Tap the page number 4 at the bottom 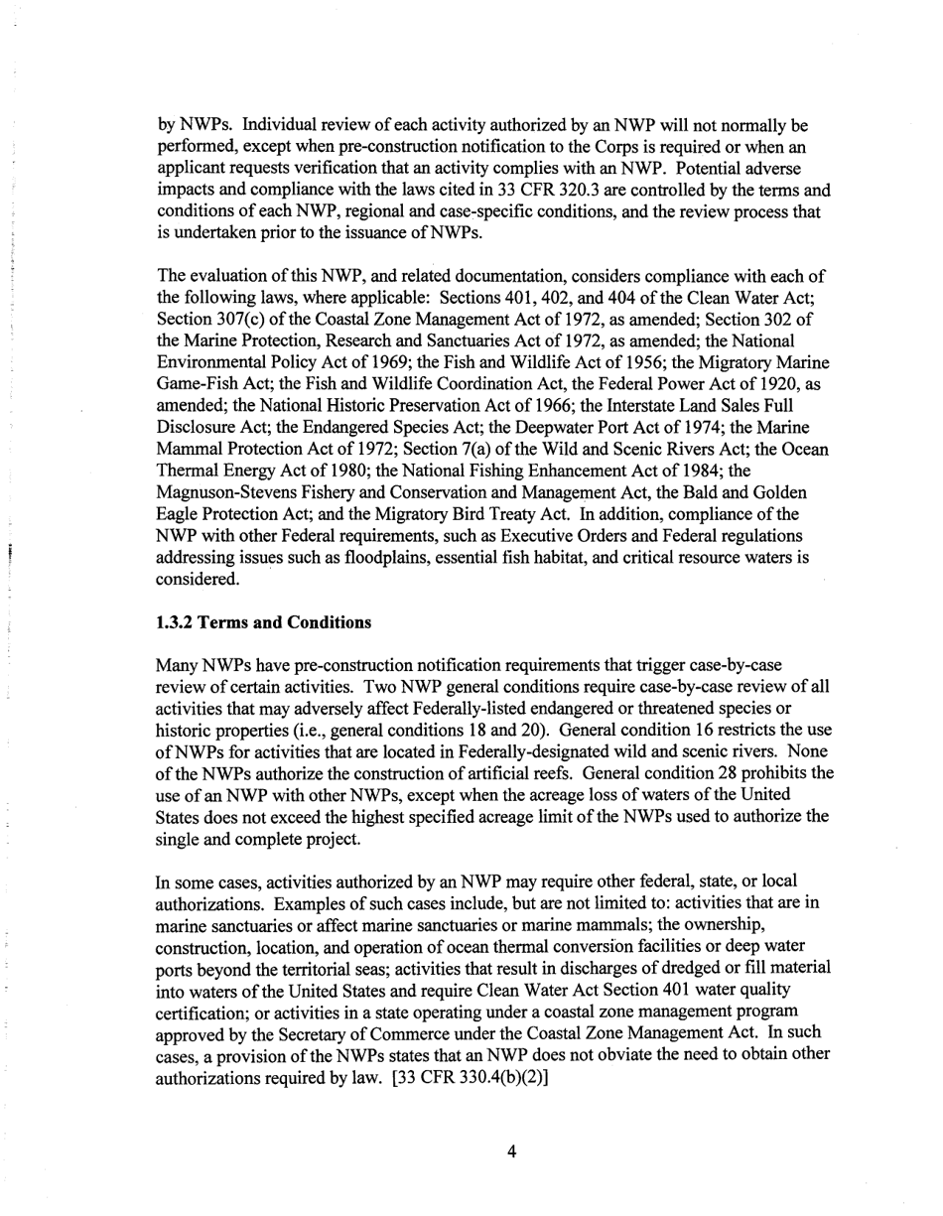(x=511, y=1151)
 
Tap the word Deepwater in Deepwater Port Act (x=519, y=428)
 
